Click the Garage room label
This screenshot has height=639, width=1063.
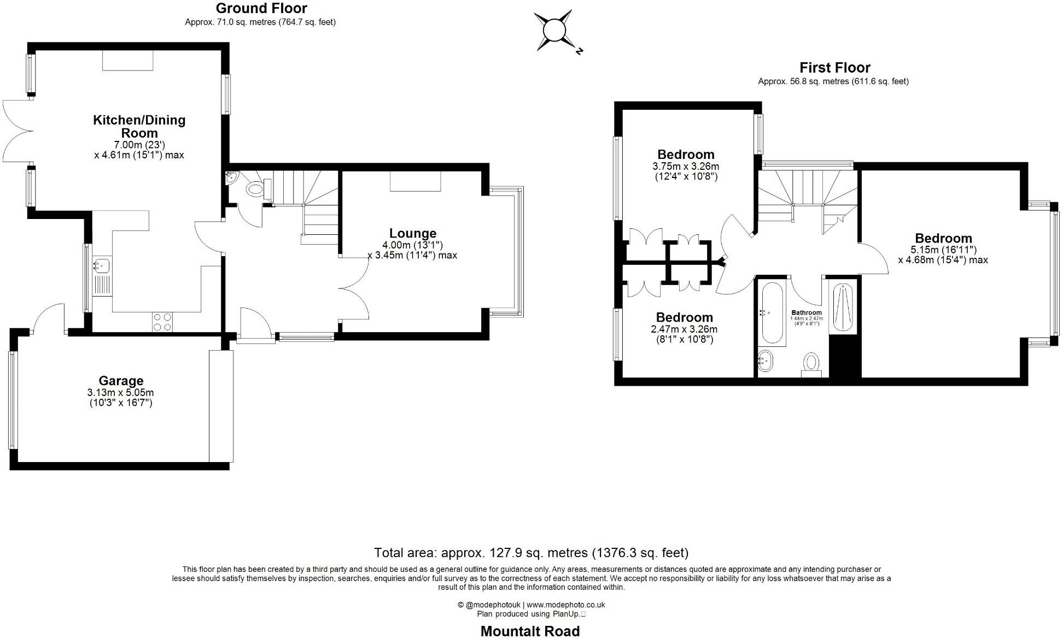click(x=121, y=381)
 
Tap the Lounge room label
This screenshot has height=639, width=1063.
click(x=412, y=234)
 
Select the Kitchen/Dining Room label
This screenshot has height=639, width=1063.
click(x=139, y=126)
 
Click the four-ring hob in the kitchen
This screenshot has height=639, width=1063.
click(x=162, y=322)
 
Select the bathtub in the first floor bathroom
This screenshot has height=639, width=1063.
click(x=772, y=312)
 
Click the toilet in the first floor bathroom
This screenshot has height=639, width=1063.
click(x=811, y=363)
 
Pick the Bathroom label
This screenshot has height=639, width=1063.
click(x=807, y=312)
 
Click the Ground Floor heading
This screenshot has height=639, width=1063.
click(x=261, y=8)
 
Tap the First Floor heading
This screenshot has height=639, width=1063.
click(x=834, y=68)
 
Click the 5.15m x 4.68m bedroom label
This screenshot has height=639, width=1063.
click(x=943, y=238)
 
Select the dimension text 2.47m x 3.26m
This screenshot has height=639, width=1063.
click(x=684, y=329)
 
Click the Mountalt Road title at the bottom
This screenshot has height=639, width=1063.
click(x=530, y=631)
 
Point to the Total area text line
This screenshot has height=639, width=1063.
click(x=531, y=553)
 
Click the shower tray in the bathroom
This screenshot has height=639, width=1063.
click(x=842, y=308)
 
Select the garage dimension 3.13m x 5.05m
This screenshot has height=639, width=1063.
click(x=120, y=393)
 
